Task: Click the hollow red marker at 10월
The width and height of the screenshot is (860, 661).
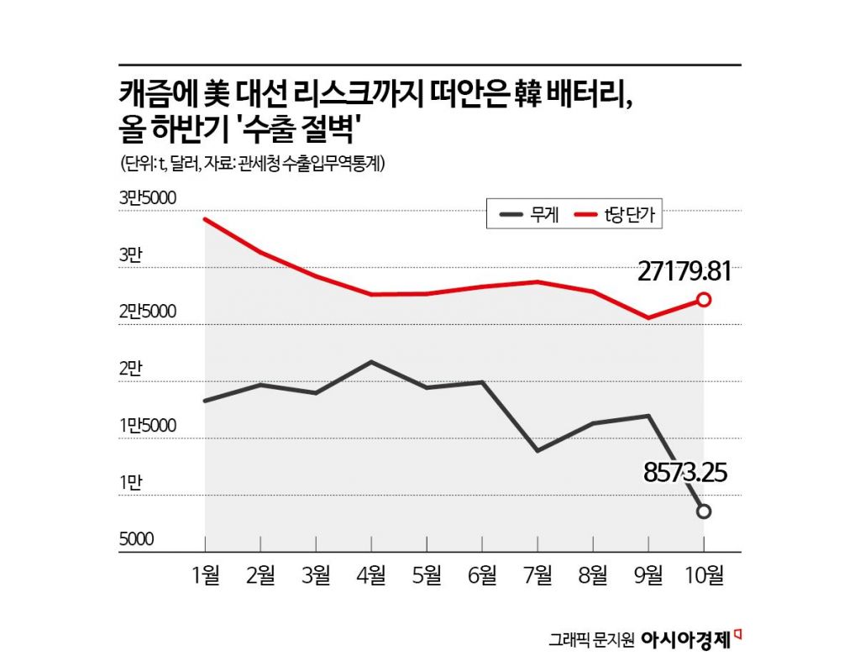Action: point(704,300)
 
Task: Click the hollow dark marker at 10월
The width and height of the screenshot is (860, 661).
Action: point(704,511)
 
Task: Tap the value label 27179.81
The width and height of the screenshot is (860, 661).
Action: point(684,271)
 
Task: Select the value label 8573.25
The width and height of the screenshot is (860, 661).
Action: point(684,473)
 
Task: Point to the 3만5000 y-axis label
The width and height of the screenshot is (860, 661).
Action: point(148,198)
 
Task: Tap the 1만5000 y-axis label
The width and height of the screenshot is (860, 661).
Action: point(148,426)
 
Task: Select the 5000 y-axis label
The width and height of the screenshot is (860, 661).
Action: point(137,539)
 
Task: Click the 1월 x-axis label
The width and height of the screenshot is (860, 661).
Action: point(207,576)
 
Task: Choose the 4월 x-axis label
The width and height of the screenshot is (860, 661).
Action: point(372,576)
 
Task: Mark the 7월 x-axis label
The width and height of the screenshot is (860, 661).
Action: point(537,576)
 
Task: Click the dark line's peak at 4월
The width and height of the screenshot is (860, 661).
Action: point(372,362)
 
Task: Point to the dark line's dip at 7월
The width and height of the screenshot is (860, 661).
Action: point(537,451)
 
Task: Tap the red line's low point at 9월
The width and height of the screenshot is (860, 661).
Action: point(648,318)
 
